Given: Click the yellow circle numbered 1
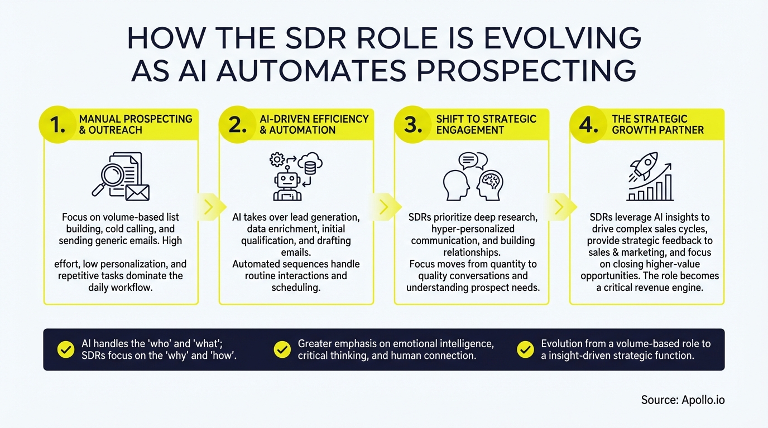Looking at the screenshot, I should pos(57,125).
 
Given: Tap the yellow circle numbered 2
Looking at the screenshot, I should pos(238,125).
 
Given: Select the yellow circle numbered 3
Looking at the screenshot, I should pos(413,125).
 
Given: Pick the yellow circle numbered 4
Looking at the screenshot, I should pos(588,125).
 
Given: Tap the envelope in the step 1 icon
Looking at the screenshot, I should pos(137,192).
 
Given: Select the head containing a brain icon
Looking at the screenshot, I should pos(490,184).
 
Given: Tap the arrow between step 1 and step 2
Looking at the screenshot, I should pos(208,207).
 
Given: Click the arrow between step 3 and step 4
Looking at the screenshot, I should pos(559,207).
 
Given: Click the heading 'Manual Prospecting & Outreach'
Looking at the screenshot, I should pos(136,124).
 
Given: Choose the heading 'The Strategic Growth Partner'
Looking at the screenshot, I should pos(657,124).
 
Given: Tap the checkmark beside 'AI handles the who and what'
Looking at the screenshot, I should pos(66,349).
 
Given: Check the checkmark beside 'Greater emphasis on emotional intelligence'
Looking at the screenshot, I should pos(282,349).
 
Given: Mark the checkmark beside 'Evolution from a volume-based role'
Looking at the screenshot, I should pos(525,349).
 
